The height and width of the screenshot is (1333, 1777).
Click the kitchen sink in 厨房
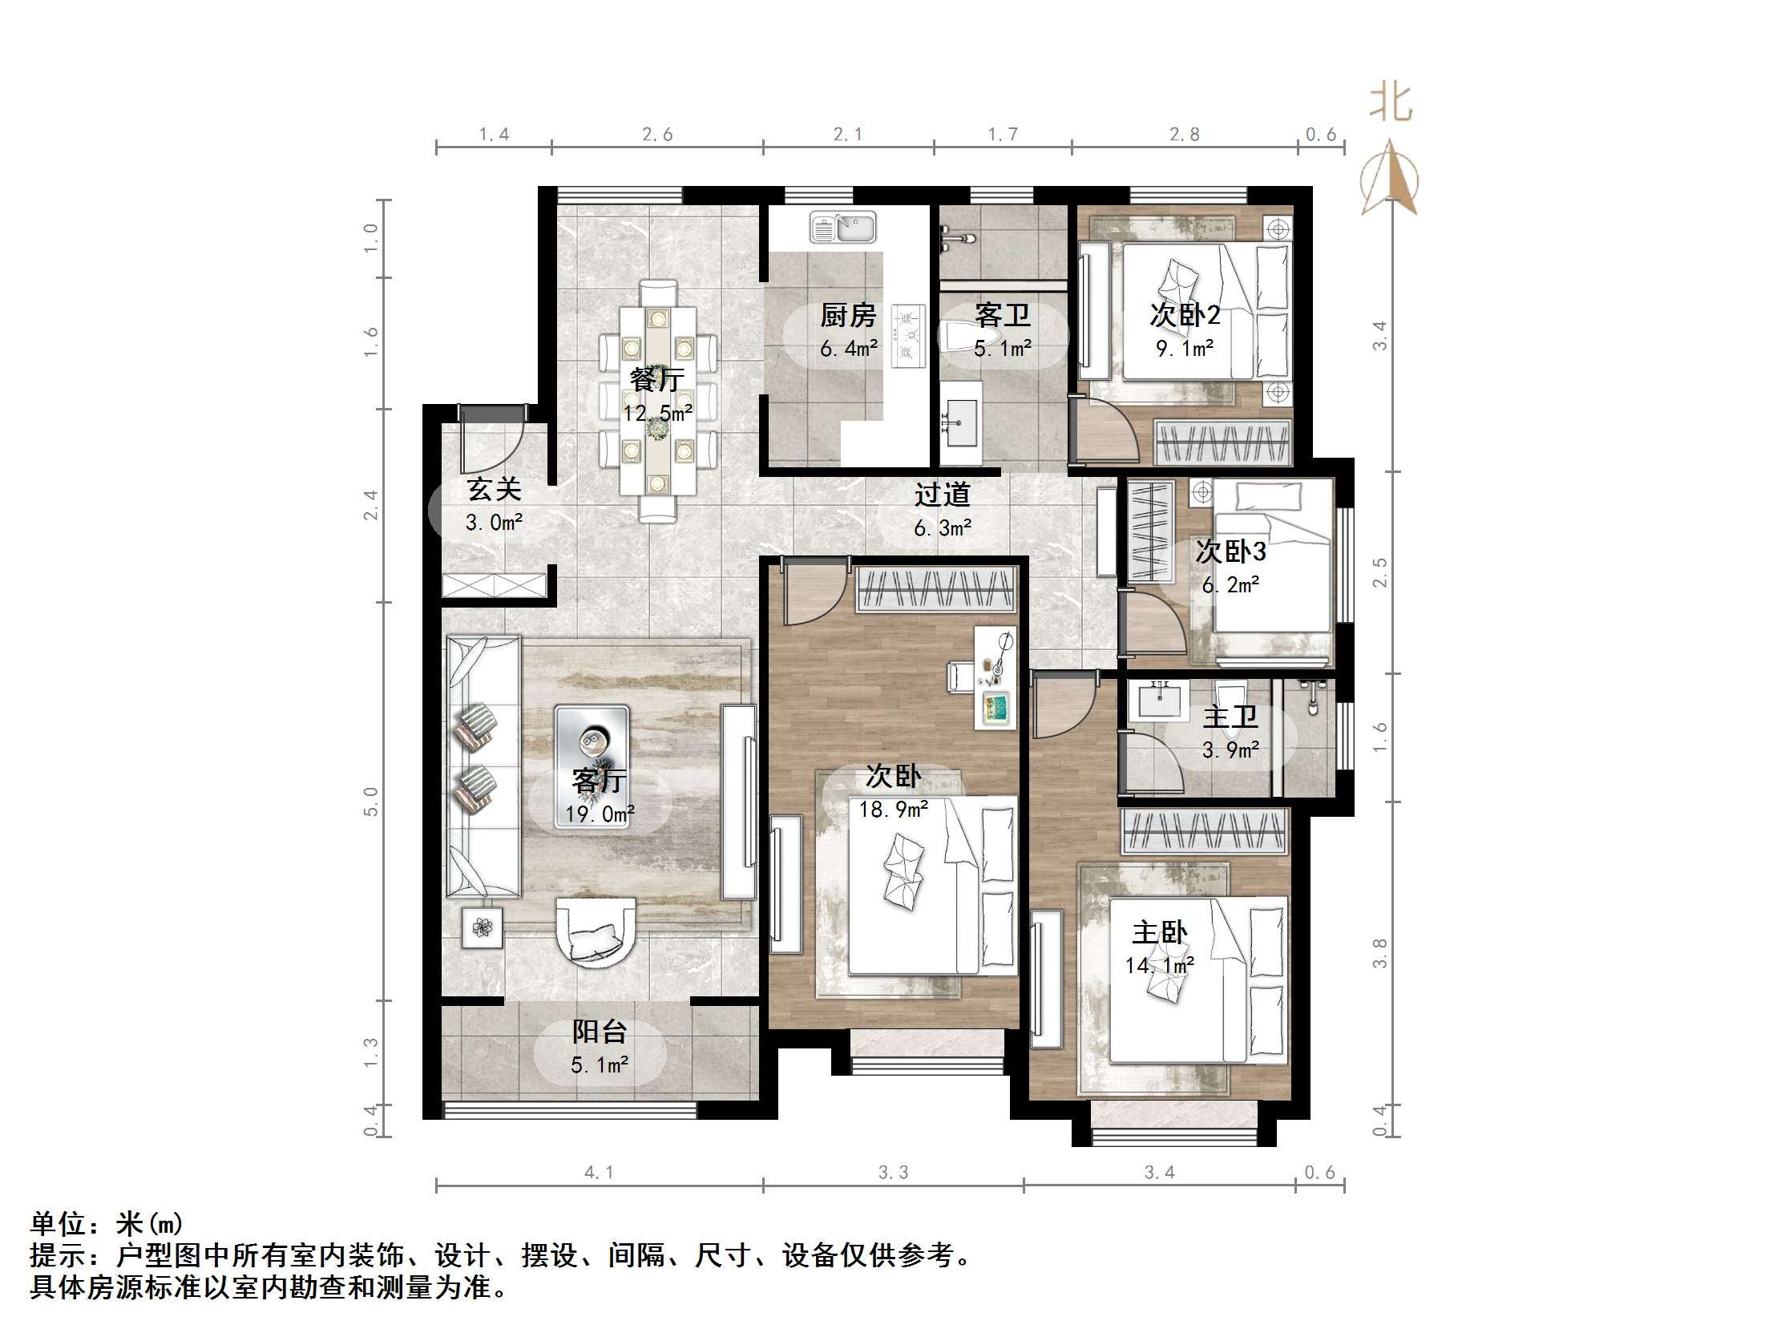(842, 227)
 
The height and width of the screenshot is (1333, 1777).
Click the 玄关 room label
(495, 489)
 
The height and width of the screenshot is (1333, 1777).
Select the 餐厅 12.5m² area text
(658, 413)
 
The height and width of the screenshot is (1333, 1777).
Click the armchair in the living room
(596, 933)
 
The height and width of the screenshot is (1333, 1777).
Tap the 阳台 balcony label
(600, 1032)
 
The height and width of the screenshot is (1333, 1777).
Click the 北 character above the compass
(1391, 103)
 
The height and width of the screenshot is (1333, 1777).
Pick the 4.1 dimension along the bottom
(599, 1173)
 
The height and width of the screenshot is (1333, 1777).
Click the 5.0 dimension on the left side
(370, 801)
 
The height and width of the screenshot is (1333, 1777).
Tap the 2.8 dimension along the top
(1185, 134)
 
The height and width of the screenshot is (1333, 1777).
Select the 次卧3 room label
(1230, 552)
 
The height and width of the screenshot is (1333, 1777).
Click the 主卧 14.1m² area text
(1159, 965)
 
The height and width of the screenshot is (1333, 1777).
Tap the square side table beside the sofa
(482, 928)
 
